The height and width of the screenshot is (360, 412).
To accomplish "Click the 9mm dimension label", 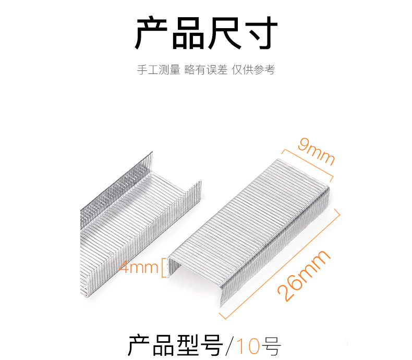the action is point(316,151).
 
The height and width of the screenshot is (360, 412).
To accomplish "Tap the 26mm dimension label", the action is point(304,276).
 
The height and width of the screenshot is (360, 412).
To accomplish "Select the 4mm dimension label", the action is point(139,267).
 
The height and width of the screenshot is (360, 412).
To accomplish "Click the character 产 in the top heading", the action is point(151,33).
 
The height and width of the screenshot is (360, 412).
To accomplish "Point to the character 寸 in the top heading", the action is point(261,33).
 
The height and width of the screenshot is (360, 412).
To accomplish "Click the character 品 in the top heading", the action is point(188,33).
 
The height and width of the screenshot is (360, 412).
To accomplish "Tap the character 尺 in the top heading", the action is point(224,33).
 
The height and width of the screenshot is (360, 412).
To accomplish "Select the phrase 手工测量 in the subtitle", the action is point(159,70).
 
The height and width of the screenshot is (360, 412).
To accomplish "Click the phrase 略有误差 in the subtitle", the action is point(205,70).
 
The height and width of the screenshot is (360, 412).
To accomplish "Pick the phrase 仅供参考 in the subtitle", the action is point(253,70).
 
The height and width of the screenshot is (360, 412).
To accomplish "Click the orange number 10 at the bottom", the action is point(248,346).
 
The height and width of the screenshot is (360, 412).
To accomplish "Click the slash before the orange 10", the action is point(231,346).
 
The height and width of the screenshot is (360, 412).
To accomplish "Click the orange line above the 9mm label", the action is point(307,164).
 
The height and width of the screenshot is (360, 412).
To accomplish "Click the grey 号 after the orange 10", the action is point(271,346).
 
